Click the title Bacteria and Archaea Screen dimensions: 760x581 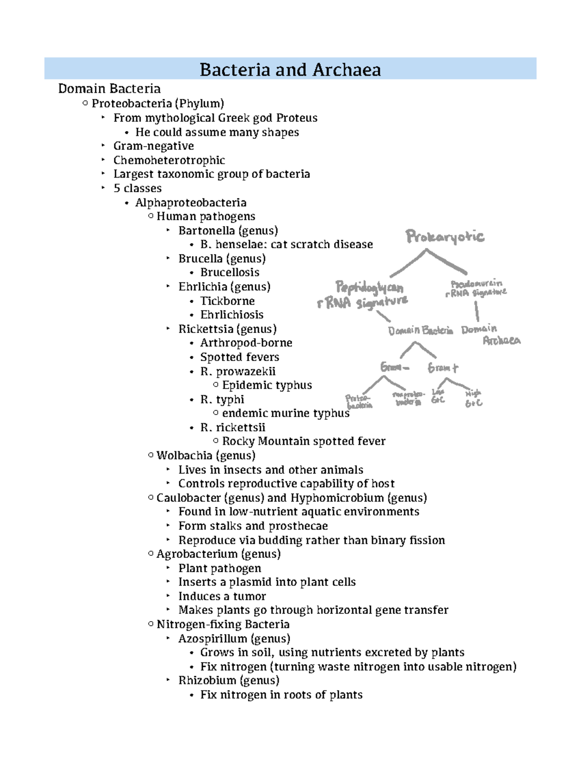(290, 70)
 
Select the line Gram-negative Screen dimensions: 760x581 (153, 146)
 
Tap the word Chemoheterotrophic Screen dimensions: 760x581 (169, 160)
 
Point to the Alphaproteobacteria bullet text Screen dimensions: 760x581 (191, 202)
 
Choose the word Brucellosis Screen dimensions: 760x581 (229, 273)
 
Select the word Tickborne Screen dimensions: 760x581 (227, 301)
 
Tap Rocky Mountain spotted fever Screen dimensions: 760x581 (304, 441)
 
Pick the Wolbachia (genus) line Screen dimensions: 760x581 (206, 456)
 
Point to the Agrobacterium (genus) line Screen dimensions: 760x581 (218, 554)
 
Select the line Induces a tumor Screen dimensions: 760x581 (222, 596)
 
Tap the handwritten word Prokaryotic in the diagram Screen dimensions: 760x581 (444, 237)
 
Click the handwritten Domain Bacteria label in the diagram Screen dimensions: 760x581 (420, 331)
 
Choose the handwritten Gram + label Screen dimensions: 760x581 (443, 368)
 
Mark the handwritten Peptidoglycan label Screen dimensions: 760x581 (369, 288)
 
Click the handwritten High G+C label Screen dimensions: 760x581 (473, 398)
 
